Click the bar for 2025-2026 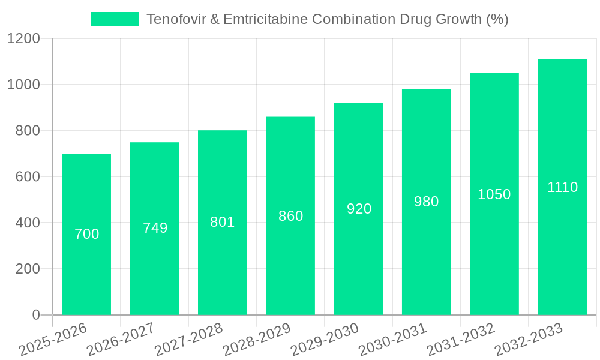tap(86, 235)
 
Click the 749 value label tap(155, 228)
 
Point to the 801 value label tap(222, 222)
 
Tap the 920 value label tap(359, 209)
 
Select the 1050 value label tap(494, 194)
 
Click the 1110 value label tap(562, 187)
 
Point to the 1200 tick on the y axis tap(23, 39)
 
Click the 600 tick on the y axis tap(28, 177)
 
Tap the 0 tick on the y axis tap(36, 315)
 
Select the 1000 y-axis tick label tap(23, 85)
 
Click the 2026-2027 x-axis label tap(121, 340)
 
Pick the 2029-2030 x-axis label tap(325, 340)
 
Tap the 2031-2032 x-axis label tap(461, 340)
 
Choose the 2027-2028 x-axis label tap(188, 340)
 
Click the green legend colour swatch tap(115, 19)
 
